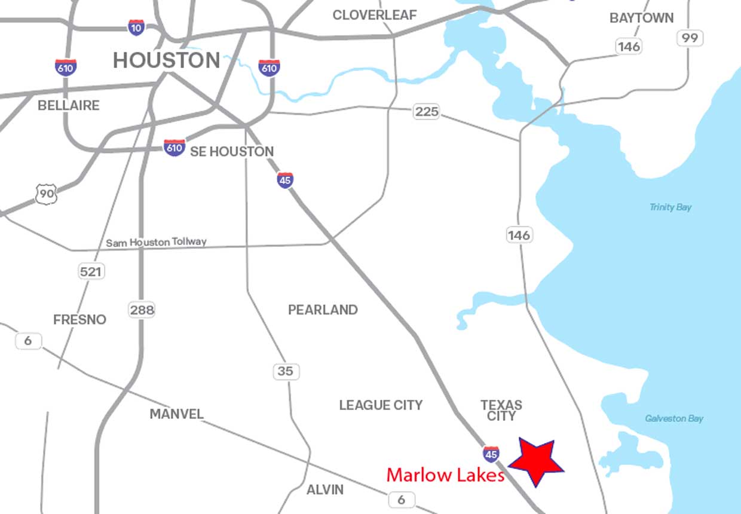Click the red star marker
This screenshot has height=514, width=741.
[x=536, y=461]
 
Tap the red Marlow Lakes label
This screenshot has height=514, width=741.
[x=445, y=475]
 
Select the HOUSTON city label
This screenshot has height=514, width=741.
[x=167, y=60]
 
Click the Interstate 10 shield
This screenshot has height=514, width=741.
[x=136, y=27]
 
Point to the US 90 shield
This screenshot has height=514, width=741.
[x=46, y=194]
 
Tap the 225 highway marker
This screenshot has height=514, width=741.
[x=426, y=111]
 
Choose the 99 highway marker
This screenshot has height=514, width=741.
[x=690, y=38]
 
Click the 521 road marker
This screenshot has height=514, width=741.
[x=91, y=271]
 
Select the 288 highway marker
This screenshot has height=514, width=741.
[x=142, y=310]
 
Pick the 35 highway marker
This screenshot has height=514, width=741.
[x=286, y=371]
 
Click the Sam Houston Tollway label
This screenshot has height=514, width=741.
[x=156, y=242]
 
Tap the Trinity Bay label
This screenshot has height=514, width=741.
[x=670, y=207]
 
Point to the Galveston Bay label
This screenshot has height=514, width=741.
[x=674, y=418]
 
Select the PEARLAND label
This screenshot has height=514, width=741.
[x=323, y=310]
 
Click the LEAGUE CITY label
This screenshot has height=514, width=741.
[x=381, y=405]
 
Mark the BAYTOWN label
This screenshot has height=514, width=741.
[x=641, y=18]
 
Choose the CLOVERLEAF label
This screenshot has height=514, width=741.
[x=375, y=15]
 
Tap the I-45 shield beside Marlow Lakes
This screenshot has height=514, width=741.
[x=491, y=454]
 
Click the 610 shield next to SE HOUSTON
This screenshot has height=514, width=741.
[x=174, y=148]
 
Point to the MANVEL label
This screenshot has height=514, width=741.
[x=176, y=414]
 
